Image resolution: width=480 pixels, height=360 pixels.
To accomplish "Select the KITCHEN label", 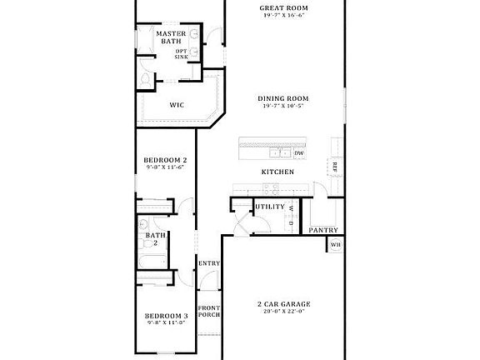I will (277, 172).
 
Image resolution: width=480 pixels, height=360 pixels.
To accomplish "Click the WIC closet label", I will (177, 105).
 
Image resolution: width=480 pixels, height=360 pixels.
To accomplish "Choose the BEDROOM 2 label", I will (165, 160).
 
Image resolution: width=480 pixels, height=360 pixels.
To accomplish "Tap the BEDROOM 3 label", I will (166, 316).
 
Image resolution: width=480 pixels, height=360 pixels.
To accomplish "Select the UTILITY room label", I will (269, 207).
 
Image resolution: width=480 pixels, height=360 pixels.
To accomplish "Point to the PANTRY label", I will (322, 230).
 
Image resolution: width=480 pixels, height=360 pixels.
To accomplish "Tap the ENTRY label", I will (208, 264).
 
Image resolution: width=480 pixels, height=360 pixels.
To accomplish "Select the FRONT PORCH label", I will (208, 312).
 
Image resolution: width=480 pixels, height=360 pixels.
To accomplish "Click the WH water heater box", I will (335, 245).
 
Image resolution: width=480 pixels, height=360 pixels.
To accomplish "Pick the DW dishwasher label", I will (298, 153).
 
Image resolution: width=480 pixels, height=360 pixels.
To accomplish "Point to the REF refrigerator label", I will (334, 165).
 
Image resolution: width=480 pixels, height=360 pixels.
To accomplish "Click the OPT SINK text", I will (181, 54).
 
